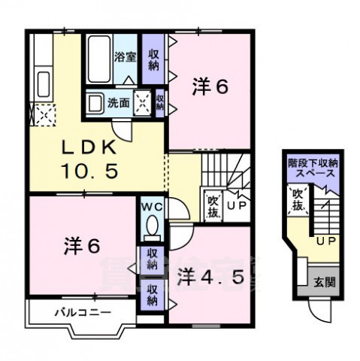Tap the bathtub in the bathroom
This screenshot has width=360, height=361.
[x=98, y=59]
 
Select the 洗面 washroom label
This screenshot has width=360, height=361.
[x=118, y=103]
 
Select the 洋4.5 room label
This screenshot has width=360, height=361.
[x=210, y=276]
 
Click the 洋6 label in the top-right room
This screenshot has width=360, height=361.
[x=210, y=86]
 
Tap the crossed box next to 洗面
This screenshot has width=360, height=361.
[x=142, y=105]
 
